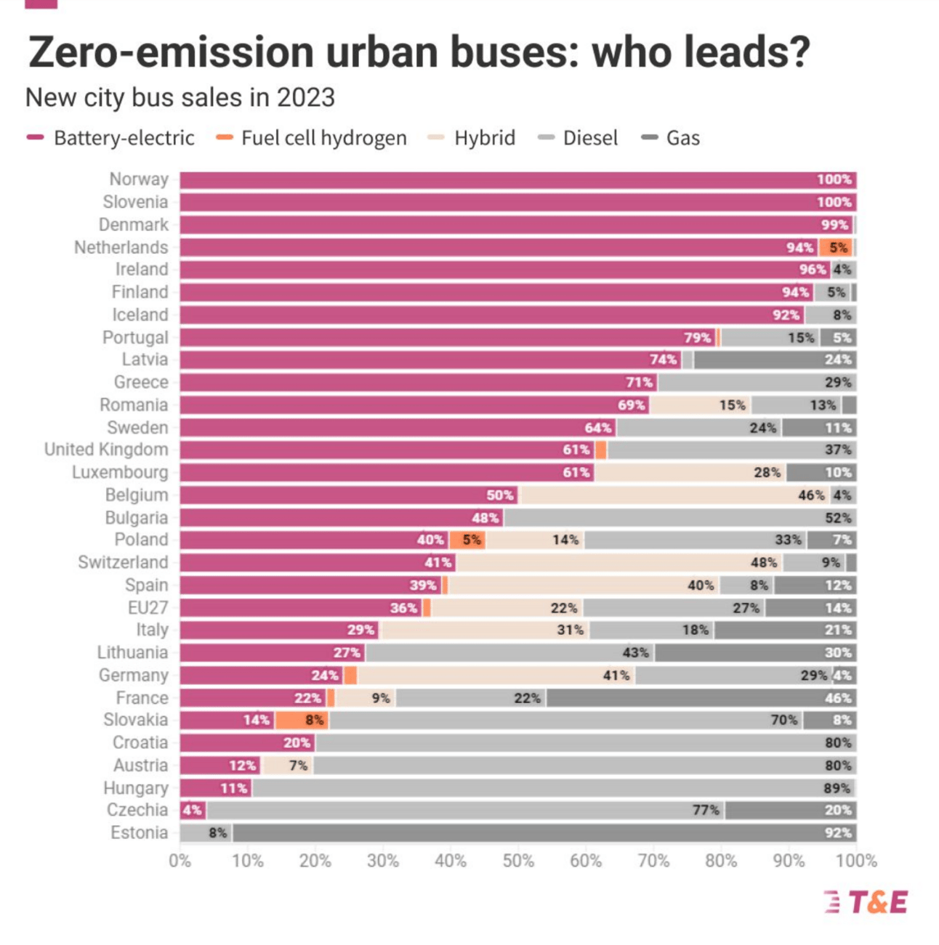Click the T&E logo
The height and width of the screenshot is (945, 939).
[866, 901]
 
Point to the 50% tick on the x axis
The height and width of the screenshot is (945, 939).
[518, 861]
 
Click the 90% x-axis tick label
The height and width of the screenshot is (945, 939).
[789, 861]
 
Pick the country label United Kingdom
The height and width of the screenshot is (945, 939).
[106, 450]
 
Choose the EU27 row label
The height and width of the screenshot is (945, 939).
[148, 607]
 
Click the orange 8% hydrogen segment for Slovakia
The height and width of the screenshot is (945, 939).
[302, 720]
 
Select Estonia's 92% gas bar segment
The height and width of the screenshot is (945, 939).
[544, 832]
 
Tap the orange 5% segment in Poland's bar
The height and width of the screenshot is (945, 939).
[467, 540]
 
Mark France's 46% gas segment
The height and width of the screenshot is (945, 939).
[701, 698]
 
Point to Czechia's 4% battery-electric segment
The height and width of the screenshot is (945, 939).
[193, 810]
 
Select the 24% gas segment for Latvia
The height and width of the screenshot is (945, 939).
[775, 360]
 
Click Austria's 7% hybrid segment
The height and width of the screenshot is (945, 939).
[286, 765]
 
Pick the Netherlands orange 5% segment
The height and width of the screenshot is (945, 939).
[836, 247]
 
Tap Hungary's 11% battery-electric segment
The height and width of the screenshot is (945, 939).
[216, 788]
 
